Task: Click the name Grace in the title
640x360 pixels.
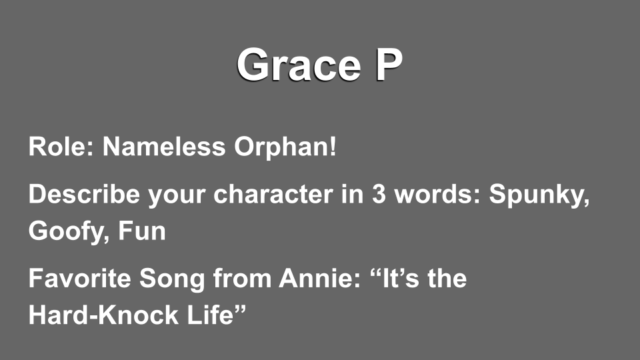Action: (299, 65)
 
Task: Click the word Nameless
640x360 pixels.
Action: (164, 146)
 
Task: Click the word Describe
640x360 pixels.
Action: (84, 193)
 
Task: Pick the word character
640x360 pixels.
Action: (273, 194)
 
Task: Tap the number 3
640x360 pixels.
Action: (379, 194)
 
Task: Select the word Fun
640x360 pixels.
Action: (142, 231)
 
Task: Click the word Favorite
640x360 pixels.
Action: (79, 278)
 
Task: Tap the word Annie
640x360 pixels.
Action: (319, 278)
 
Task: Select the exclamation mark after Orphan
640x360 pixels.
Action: (333, 146)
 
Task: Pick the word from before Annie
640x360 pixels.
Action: (242, 279)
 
